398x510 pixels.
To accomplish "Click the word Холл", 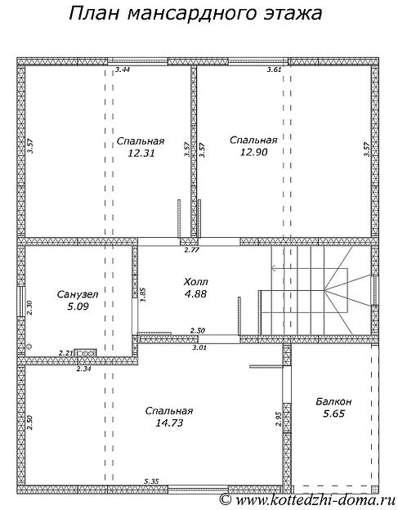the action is (x=196, y=282).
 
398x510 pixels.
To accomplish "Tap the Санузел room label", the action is (x=78, y=295).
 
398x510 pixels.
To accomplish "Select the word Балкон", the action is (x=333, y=401).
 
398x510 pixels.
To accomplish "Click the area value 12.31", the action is (x=141, y=153).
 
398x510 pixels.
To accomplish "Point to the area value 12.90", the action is (x=253, y=152).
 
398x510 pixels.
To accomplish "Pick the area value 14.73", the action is (x=169, y=423).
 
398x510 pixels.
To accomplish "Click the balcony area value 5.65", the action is (x=333, y=414).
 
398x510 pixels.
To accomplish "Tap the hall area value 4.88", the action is (x=196, y=293).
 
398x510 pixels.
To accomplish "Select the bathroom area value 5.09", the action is (x=78, y=306).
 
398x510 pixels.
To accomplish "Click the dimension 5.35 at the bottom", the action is (x=151, y=481).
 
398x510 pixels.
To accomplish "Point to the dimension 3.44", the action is (x=123, y=69).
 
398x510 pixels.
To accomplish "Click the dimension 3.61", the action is (x=274, y=69).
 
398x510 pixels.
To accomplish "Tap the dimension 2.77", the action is (x=191, y=250).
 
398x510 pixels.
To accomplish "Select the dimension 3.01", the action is (x=199, y=347).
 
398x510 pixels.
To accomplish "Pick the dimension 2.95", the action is (x=278, y=419).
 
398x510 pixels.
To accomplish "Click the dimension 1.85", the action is (x=143, y=295).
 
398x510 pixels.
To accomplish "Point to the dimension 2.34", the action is (x=83, y=369).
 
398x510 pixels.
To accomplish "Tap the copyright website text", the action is (x=307, y=499).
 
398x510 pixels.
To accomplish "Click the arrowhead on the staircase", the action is (x=274, y=268).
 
